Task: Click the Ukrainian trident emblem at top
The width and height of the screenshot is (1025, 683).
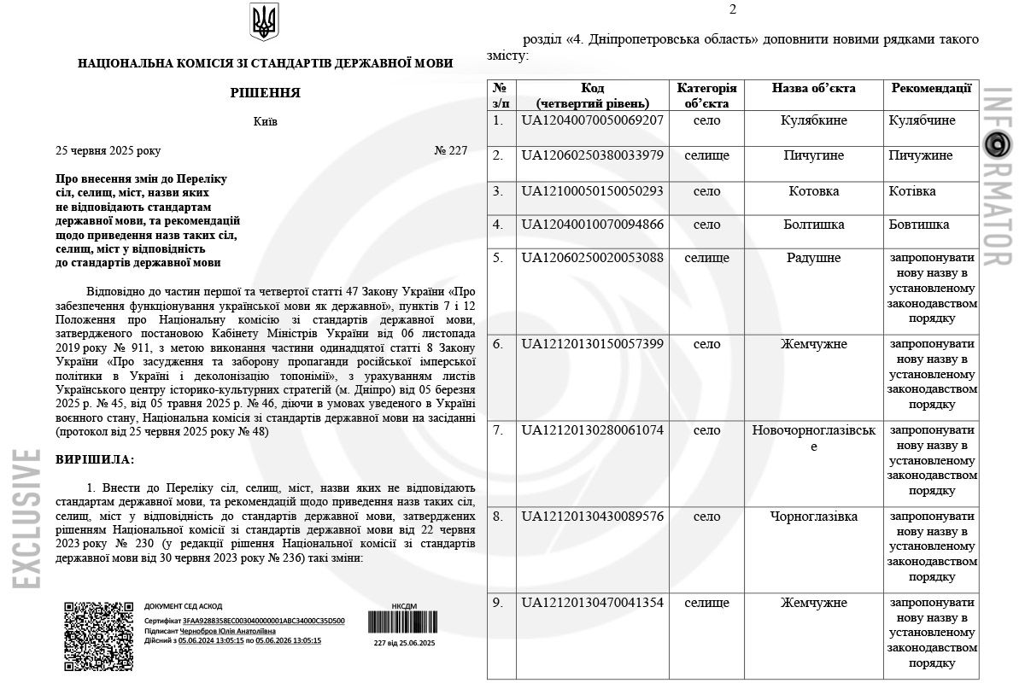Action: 264,22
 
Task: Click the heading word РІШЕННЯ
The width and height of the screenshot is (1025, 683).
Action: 265,93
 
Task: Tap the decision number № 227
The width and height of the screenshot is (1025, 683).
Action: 451,151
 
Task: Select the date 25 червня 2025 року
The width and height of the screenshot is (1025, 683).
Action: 108,151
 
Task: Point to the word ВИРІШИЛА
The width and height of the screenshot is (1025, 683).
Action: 95,460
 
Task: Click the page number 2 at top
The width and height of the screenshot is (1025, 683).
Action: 732,10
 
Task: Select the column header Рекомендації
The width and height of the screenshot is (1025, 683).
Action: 931,88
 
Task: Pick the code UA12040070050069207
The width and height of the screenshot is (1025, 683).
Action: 592,120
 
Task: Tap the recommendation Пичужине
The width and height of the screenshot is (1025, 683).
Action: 921,156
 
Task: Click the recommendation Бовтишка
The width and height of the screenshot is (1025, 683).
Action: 919,225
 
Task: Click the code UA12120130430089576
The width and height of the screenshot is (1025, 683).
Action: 592,517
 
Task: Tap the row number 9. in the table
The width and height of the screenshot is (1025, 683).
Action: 498,603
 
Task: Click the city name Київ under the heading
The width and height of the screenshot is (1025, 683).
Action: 265,121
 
